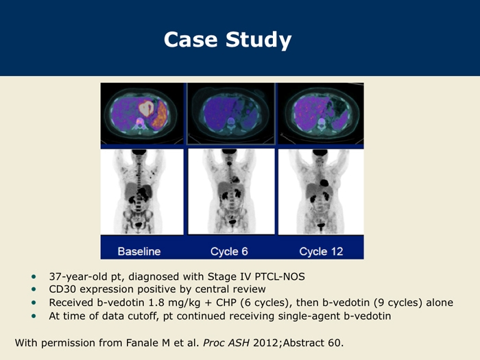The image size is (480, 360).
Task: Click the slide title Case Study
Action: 228,40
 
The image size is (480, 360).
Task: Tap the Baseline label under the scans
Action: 139,252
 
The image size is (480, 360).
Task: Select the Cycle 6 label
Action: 229,252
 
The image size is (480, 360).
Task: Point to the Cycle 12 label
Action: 321,252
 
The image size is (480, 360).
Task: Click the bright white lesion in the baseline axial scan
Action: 146,108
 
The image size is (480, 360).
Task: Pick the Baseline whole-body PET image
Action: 142,191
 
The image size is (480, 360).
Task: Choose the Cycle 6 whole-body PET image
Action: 231,191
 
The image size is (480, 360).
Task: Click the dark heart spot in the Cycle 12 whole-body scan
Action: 324,183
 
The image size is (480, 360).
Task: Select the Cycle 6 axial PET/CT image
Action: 231,113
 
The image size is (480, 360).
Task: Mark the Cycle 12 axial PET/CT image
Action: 321,113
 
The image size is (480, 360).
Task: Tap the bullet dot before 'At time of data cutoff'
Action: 34,316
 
